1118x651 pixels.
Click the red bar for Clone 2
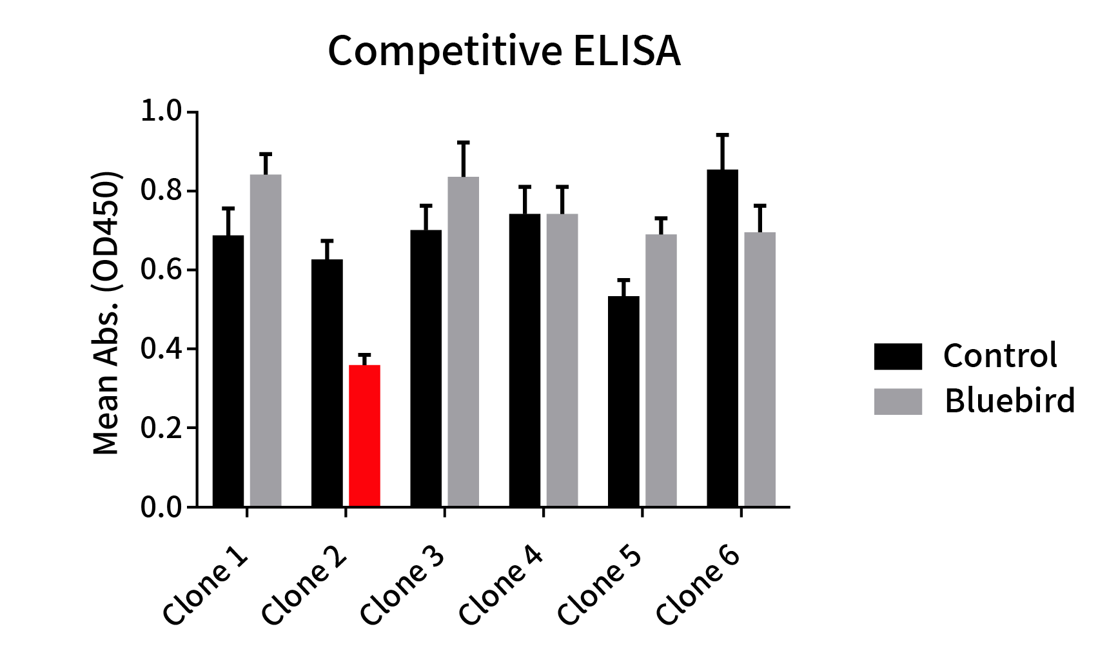pos(364,436)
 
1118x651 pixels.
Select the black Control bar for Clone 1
pos(228,371)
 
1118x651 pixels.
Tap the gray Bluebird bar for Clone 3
pos(464,342)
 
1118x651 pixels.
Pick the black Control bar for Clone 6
pos(722,339)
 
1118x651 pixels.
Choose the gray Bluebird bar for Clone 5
pos(661,371)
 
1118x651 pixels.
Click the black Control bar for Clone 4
pos(524,360)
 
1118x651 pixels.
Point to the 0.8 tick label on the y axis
pos(162,192)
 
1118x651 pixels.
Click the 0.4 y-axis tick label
pos(162,349)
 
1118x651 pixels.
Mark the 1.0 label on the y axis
pos(162,112)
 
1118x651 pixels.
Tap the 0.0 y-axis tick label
pos(162,507)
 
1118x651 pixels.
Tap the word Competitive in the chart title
pos(445,52)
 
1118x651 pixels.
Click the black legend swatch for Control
pos(897,356)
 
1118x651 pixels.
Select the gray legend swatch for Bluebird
pos(897,401)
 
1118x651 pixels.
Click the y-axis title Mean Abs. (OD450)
pos(106,313)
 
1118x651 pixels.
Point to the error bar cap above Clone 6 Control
pos(722,135)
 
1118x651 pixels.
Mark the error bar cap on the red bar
pos(364,355)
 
